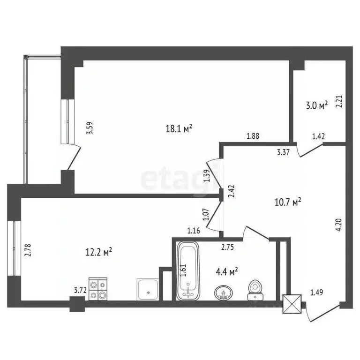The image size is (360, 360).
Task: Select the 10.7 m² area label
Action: tap(287, 202)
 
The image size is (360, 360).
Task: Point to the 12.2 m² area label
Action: tap(99, 252)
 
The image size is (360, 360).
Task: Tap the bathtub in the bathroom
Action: tap(188, 271)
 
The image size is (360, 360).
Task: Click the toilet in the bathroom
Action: tap(255, 289)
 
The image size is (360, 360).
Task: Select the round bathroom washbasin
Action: tap(223, 293)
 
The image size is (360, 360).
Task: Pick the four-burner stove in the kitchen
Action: tap(98, 289)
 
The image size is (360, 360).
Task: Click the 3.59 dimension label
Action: tap(90, 128)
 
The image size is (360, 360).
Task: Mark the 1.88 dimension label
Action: tap(253, 136)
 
